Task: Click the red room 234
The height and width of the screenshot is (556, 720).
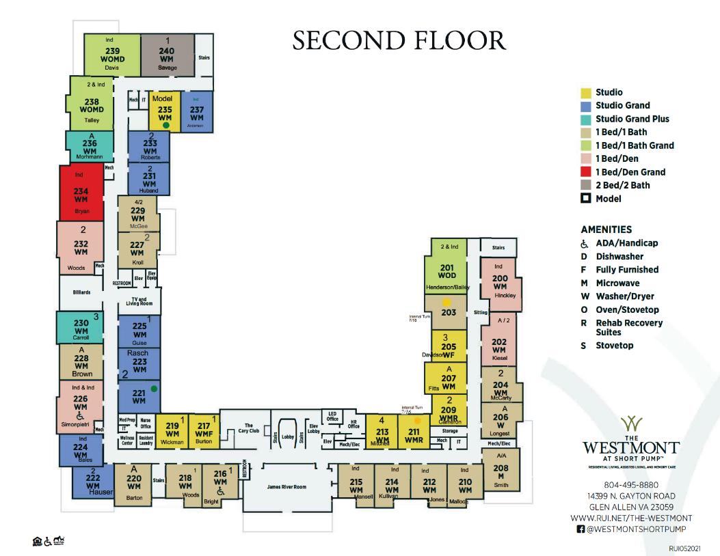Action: point(81,195)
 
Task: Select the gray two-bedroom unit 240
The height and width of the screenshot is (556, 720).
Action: point(167,54)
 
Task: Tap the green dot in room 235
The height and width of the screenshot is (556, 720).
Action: point(165,126)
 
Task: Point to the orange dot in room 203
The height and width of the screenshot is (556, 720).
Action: point(446,301)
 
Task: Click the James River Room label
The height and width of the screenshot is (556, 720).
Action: point(286,486)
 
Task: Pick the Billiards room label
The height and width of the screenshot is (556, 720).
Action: point(81,292)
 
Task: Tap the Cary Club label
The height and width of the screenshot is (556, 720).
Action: point(249,428)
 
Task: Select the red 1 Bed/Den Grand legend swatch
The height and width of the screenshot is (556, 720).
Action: point(585,172)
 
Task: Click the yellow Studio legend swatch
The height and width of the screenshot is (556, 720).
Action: point(585,92)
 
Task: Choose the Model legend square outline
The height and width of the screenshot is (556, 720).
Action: point(585,199)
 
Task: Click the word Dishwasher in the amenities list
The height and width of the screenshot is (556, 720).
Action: point(619,256)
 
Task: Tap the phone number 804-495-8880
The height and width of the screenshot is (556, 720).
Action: point(630,485)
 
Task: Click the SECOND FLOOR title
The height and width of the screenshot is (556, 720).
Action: point(399,40)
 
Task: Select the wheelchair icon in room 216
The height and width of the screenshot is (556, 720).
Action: point(220,491)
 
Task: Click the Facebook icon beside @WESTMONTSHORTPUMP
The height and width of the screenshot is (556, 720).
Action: point(581,529)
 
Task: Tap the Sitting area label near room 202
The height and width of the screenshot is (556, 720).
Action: point(481,312)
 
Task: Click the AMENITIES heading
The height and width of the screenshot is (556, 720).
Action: point(606,230)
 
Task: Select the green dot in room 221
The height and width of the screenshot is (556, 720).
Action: point(155,389)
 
